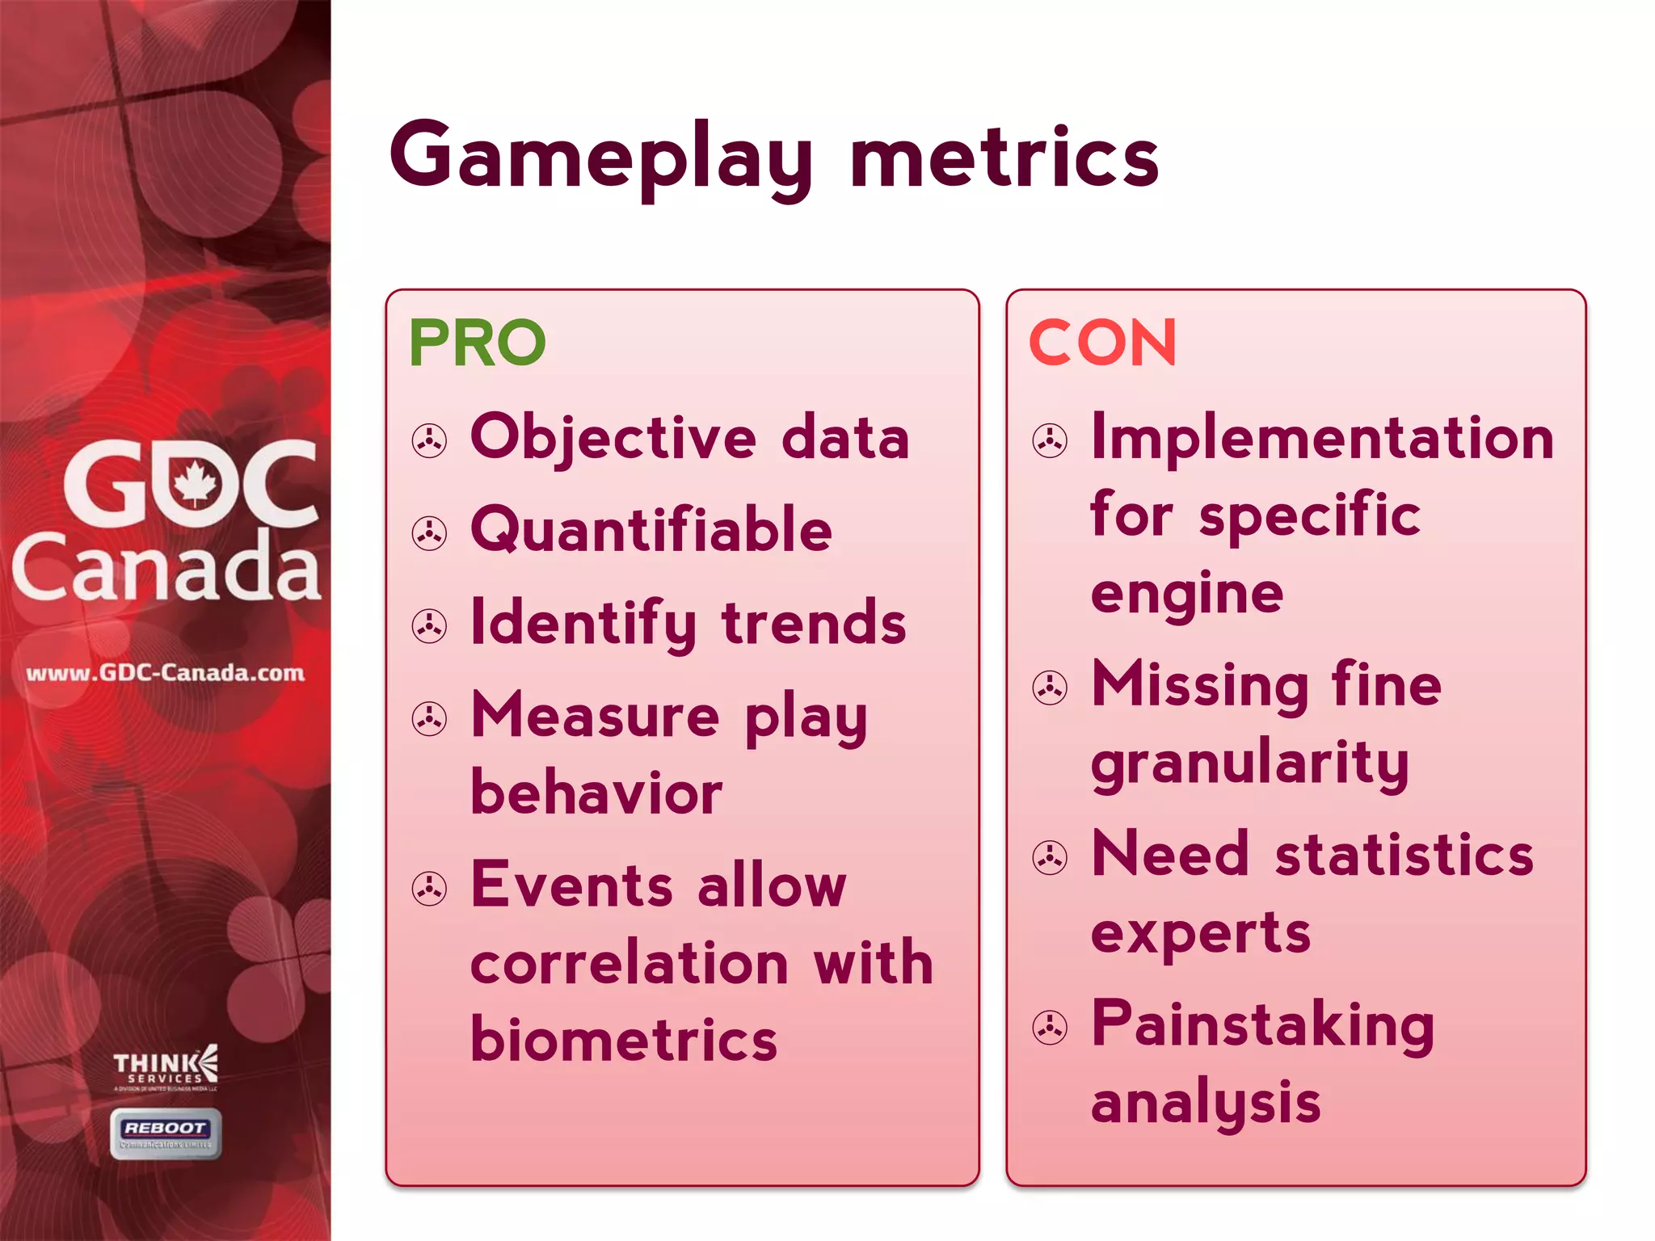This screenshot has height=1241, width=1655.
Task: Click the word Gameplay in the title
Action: pyautogui.click(x=602, y=158)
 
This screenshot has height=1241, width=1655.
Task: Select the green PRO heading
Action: pyautogui.click(x=478, y=343)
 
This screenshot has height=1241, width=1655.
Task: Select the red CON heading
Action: pyautogui.click(x=1102, y=343)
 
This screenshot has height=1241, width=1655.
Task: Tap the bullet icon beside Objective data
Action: pyautogui.click(x=429, y=441)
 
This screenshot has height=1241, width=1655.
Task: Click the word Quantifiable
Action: pyautogui.click(x=651, y=530)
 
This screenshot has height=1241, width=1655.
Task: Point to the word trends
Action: pyautogui.click(x=814, y=623)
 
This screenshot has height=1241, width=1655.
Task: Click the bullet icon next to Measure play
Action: pyautogui.click(x=429, y=719)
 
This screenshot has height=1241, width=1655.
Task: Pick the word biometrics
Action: pyautogui.click(x=624, y=1039)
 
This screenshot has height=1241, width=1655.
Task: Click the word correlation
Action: pyautogui.click(x=630, y=962)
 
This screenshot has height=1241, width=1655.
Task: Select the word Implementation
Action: pyautogui.click(x=1322, y=437)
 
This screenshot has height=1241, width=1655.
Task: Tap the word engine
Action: pyautogui.click(x=1186, y=594)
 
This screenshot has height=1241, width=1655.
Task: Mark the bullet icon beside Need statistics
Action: pyautogui.click(x=1050, y=858)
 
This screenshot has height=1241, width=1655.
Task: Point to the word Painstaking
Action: pyautogui.click(x=1262, y=1024)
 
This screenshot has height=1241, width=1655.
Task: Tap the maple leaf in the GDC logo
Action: pyautogui.click(x=195, y=483)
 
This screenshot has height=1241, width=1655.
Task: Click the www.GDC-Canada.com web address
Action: pyautogui.click(x=166, y=673)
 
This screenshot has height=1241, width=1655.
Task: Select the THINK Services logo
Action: pyautogui.click(x=166, y=1068)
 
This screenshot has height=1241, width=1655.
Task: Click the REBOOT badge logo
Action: pyautogui.click(x=166, y=1133)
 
